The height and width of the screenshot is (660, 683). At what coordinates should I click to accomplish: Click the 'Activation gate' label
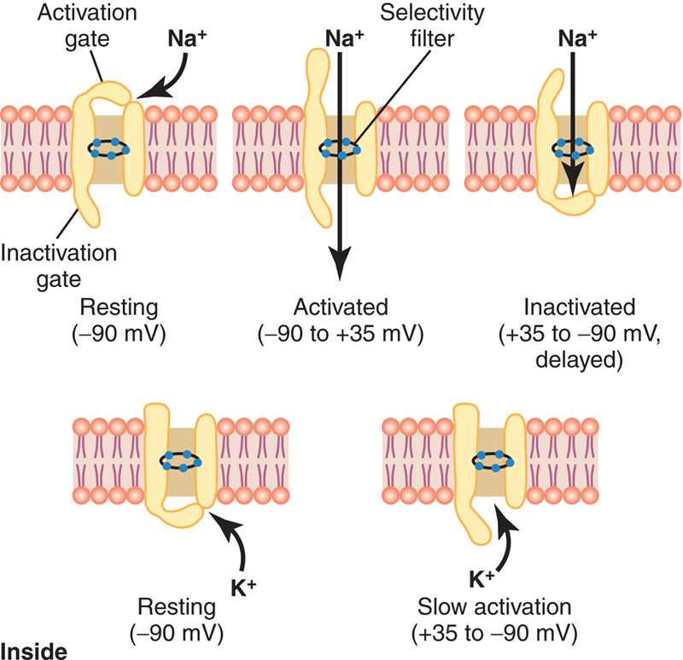click(x=87, y=26)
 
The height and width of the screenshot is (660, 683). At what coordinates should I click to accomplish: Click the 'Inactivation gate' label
click(x=59, y=266)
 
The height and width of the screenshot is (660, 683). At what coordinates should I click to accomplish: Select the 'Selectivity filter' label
click(x=432, y=26)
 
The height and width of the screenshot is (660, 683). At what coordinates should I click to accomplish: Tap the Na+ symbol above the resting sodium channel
click(x=187, y=38)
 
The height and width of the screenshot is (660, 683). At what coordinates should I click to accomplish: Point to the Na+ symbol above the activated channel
click(x=344, y=38)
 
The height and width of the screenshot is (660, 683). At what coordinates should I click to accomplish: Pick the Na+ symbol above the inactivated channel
click(x=577, y=38)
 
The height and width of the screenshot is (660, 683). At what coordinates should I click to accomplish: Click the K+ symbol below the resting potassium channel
click(x=243, y=587)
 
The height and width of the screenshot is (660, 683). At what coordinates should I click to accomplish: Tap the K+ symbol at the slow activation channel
click(x=482, y=579)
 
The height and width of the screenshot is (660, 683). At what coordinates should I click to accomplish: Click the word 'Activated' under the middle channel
click(x=341, y=307)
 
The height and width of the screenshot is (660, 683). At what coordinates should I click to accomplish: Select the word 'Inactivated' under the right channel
click(x=580, y=307)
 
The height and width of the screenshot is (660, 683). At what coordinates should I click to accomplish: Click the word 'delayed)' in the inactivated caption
click(x=580, y=359)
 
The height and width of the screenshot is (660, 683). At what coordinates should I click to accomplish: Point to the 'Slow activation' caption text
click(x=494, y=606)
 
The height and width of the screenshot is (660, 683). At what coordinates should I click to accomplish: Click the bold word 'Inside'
click(x=34, y=651)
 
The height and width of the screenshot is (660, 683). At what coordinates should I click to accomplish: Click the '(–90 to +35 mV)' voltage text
click(x=341, y=334)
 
